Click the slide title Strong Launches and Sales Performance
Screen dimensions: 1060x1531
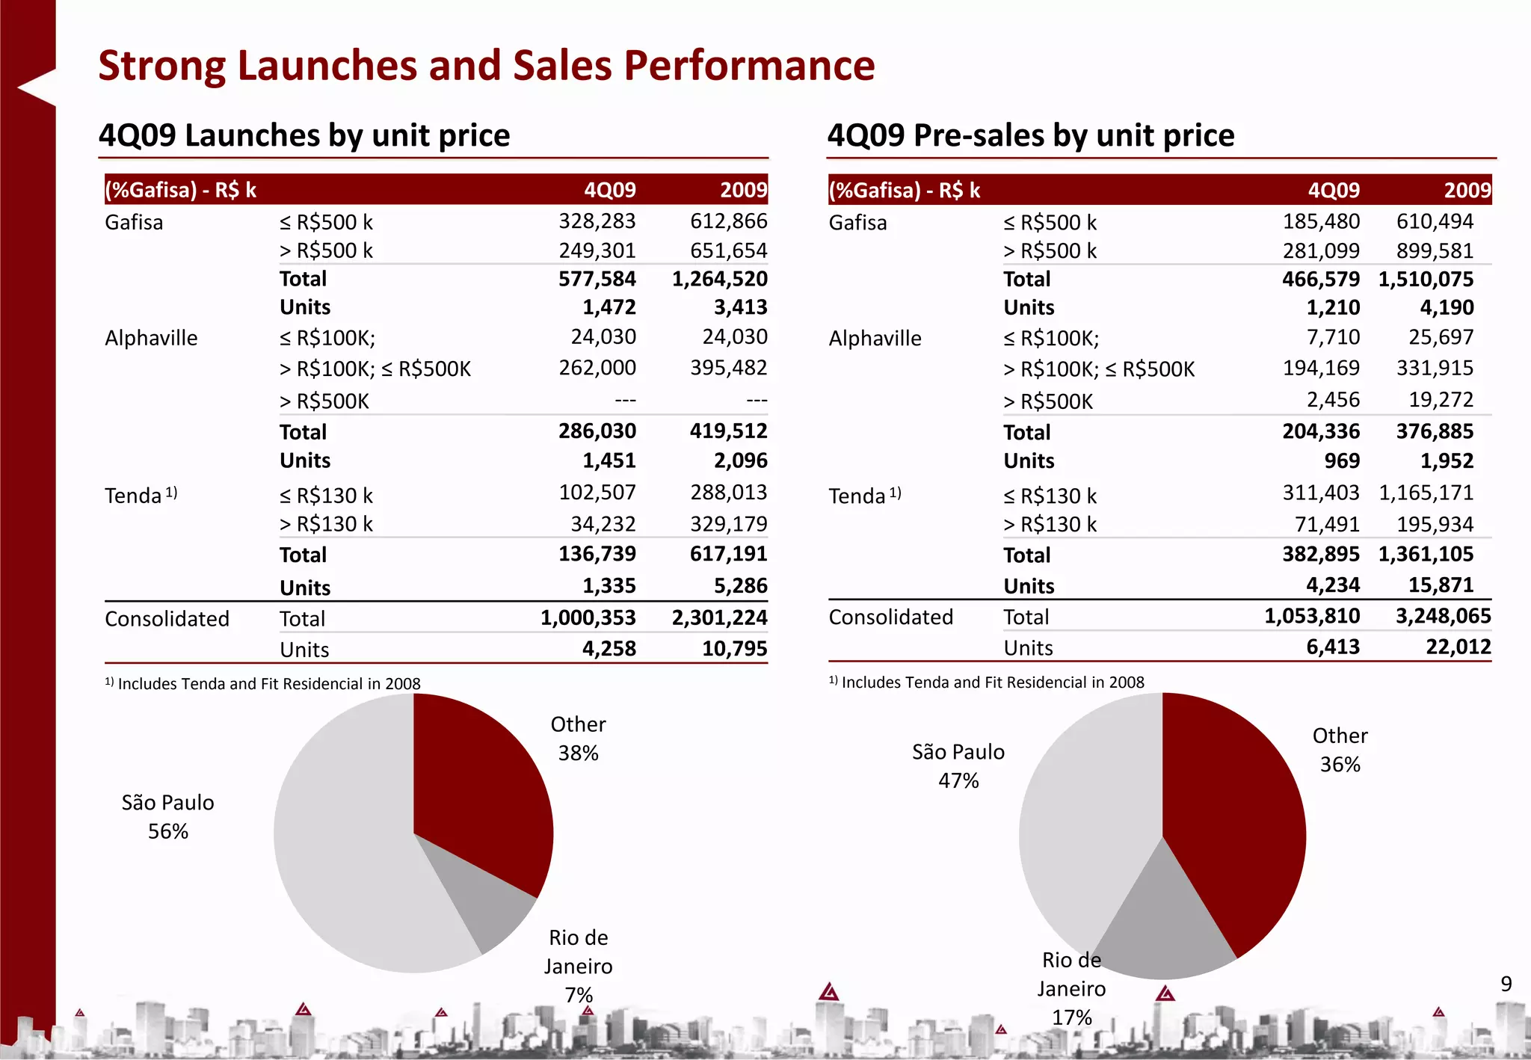[486, 66]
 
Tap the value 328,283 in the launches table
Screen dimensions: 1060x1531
[597, 221]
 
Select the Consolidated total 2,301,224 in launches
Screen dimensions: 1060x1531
[719, 617]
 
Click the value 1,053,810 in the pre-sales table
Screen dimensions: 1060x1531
[1312, 616]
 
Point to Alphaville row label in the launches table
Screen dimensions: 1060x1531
[151, 338]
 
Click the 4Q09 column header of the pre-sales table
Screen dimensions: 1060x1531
[1334, 190]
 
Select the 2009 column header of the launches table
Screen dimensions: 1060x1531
[743, 190]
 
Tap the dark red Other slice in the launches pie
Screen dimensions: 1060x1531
[478, 792]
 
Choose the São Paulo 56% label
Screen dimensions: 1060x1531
[167, 816]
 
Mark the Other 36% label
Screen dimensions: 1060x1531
[1340, 750]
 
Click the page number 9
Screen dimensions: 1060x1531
[1506, 984]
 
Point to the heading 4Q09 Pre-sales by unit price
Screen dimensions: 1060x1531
[1030, 135]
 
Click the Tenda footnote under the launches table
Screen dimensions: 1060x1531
[263, 683]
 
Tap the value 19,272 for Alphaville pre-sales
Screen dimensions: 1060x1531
[1441, 400]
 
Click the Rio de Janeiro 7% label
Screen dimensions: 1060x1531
[578, 966]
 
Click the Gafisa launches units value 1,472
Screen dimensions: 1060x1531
[609, 307]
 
